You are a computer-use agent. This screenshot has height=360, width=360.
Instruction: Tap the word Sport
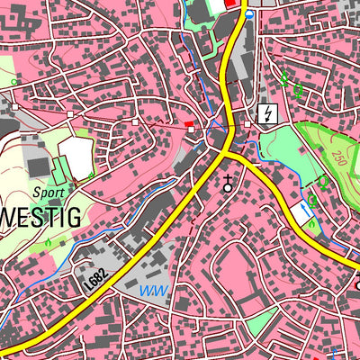click(48, 192)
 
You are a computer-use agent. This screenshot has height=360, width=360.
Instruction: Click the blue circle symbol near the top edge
click(249, 14)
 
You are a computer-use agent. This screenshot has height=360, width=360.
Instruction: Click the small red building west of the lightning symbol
click(188, 123)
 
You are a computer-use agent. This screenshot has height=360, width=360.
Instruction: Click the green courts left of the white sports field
click(59, 169)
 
